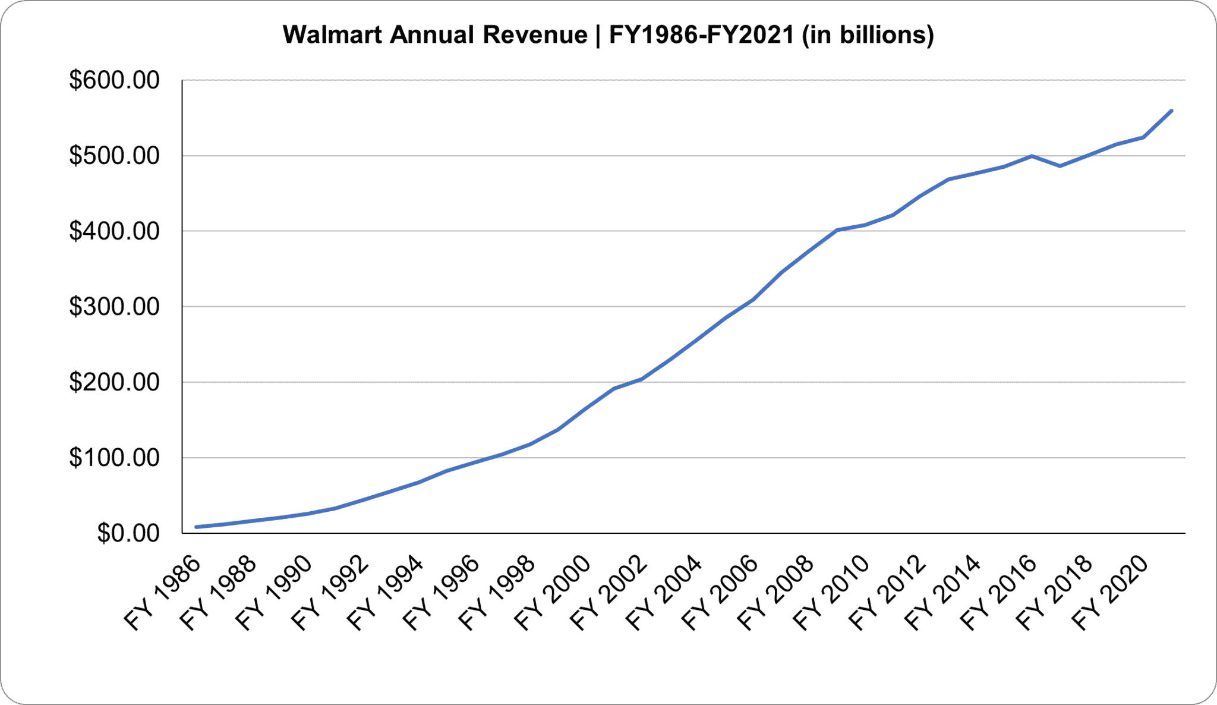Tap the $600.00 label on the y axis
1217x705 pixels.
click(x=114, y=80)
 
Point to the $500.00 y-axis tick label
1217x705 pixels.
click(x=114, y=156)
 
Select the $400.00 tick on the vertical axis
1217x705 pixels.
click(x=114, y=231)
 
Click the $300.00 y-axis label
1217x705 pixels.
click(x=114, y=307)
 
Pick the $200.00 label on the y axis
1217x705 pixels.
click(x=114, y=382)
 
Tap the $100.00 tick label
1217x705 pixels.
click(x=114, y=458)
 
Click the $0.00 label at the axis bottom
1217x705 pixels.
click(x=128, y=533)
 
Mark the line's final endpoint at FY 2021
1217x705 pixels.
click(x=1171, y=111)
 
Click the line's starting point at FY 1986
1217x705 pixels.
click(x=196, y=527)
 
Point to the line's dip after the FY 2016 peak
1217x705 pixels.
click(x=1060, y=166)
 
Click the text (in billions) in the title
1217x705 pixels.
click(x=867, y=34)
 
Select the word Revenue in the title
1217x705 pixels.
click(x=534, y=34)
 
